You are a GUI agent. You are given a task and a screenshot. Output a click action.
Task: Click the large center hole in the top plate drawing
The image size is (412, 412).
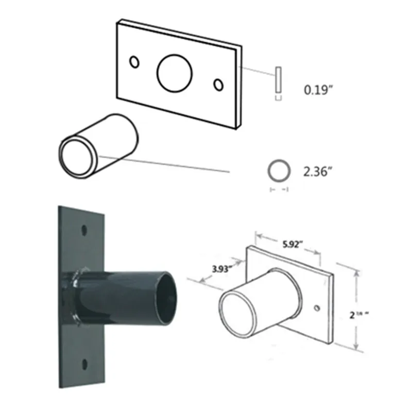[x=175, y=73]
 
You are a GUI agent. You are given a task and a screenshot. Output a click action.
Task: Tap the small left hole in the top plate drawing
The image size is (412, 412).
[x=134, y=62]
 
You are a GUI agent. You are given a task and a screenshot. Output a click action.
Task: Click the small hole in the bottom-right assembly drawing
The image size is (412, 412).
[x=316, y=308]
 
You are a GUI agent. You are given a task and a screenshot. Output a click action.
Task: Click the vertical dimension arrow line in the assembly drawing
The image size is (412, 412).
[x=355, y=309]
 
